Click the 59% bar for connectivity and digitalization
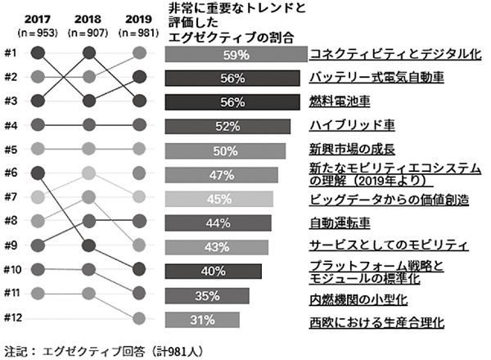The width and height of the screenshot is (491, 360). (236, 55)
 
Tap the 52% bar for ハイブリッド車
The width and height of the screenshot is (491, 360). (228, 127)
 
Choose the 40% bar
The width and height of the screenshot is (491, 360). (214, 271)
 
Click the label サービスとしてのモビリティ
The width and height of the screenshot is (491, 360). (388, 245)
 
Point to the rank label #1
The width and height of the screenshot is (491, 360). (11, 54)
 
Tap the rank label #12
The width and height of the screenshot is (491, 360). (12, 318)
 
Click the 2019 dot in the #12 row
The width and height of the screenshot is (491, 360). (140, 318)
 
